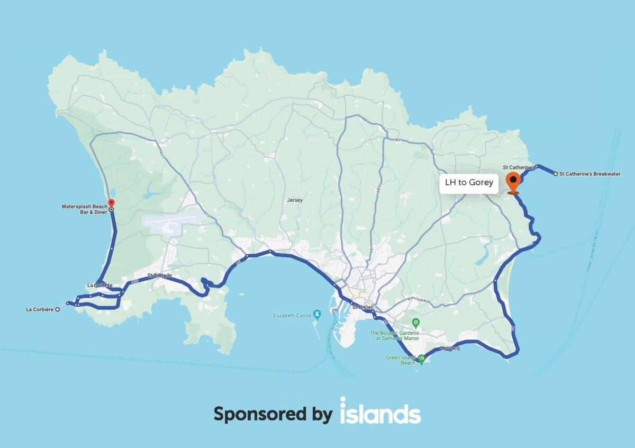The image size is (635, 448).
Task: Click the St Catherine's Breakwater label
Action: pyautogui.click(x=589, y=174)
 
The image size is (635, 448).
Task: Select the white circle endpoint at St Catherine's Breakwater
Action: pyautogui.click(x=555, y=174)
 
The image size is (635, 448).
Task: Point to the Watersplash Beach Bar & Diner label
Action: pyautogui.click(x=84, y=209)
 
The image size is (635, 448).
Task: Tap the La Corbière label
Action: pyautogui.click(x=40, y=309)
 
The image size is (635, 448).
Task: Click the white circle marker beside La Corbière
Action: pyautogui.click(x=57, y=309)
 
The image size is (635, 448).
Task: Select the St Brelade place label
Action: pyautogui.click(x=159, y=275)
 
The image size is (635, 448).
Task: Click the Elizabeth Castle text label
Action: pyautogui.click(x=292, y=316)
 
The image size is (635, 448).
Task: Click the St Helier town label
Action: pyautogui.click(x=362, y=307)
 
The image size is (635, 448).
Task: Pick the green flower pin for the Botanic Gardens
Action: pyautogui.click(x=416, y=322)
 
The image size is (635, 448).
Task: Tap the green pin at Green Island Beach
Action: pyautogui.click(x=421, y=359)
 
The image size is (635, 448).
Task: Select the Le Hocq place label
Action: pyautogui.click(x=450, y=348)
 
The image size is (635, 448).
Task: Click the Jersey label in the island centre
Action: pyautogui.click(x=294, y=200)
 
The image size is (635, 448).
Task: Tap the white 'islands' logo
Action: pyautogui.click(x=380, y=411)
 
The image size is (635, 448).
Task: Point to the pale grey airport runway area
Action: pyautogui.click(x=175, y=225)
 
